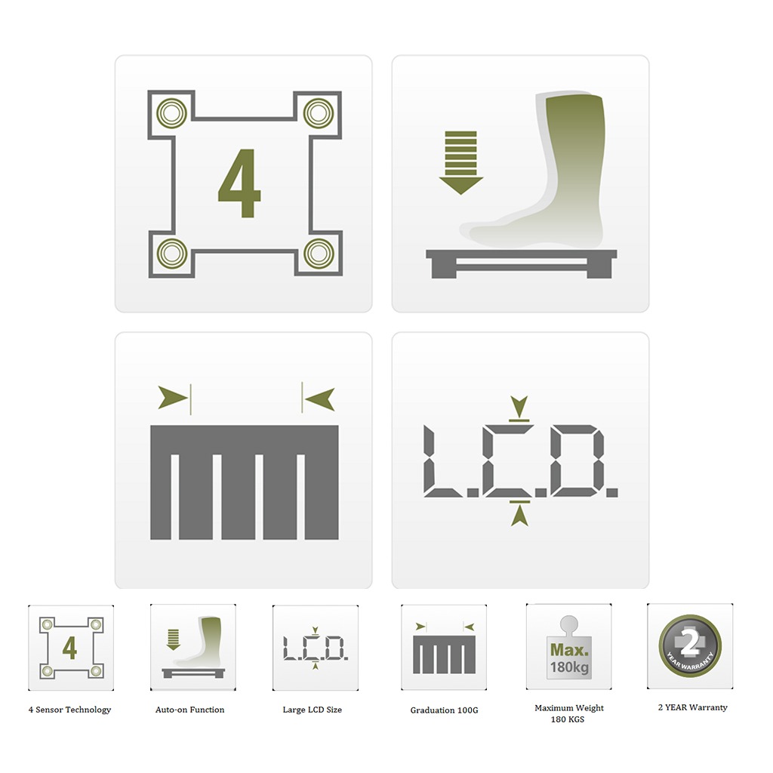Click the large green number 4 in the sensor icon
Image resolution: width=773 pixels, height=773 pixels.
240,183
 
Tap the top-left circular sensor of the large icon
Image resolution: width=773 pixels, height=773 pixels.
171,114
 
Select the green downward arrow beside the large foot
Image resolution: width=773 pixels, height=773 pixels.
460,162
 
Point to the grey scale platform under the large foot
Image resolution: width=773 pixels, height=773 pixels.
521,260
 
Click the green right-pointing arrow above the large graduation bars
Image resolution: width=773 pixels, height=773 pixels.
173,397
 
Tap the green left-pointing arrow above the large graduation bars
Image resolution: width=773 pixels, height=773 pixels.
320,398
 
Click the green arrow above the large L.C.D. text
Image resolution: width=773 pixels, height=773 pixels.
519,405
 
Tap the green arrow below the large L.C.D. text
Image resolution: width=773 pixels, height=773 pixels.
519,515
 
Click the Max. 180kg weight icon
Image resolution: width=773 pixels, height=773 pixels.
568,648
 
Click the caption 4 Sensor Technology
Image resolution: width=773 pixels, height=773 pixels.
69,710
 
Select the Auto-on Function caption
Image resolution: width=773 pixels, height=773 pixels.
189,710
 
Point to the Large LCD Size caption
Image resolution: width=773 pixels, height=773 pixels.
313,710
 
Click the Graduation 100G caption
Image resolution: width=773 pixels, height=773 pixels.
444,710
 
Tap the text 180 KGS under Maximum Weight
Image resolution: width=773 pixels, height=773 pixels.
568,719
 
